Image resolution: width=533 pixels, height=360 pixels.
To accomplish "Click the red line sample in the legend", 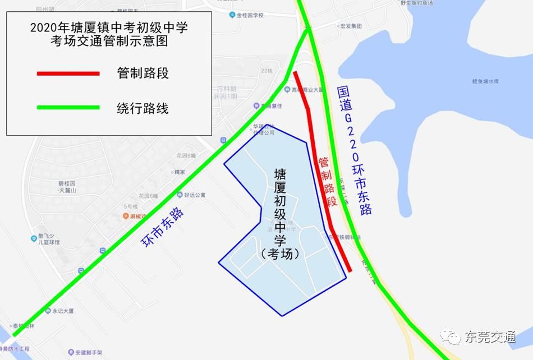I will tap(68, 73).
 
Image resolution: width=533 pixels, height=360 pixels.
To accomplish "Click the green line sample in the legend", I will tap(68, 108).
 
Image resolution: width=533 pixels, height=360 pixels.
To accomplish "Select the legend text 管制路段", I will tap(143, 73).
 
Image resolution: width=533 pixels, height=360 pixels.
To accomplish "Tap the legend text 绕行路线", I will tap(143, 108).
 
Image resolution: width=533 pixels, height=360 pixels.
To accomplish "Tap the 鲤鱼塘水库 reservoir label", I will tap(485, 81).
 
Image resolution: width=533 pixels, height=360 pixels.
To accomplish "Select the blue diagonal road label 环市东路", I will tap(163, 228).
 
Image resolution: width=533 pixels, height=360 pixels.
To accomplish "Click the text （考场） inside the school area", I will tap(281, 253).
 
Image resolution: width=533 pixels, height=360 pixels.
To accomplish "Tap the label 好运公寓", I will tap(195, 195).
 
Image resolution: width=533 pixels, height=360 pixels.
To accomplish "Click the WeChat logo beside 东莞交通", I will tap(449, 336).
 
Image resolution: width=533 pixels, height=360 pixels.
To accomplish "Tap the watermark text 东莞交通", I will tap(489, 336).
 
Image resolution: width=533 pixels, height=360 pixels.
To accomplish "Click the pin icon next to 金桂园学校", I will tap(233, 15).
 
